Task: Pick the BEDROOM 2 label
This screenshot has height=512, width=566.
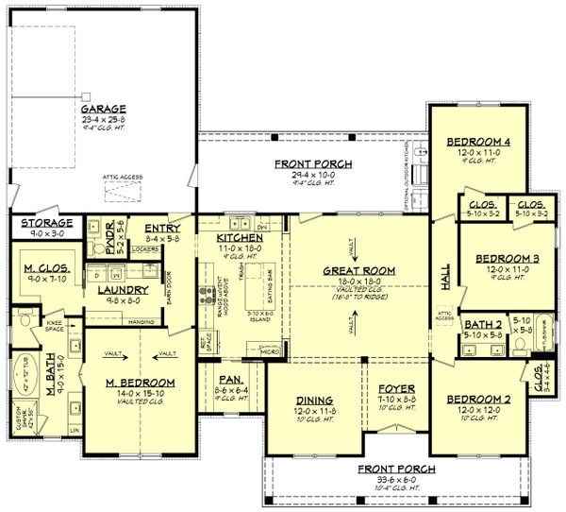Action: [479, 399]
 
